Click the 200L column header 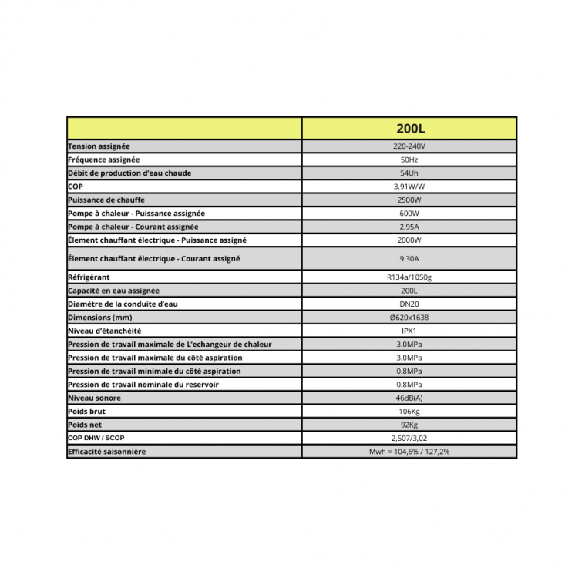pos(409,129)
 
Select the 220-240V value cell pos(409,146)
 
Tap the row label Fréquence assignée pos(104,160)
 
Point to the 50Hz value pos(409,160)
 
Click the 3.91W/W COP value pos(409,187)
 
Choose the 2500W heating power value pos(409,200)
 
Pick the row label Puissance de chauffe pos(107,200)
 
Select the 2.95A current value pos(409,227)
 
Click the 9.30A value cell pos(409,258)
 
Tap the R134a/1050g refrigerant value pos(409,277)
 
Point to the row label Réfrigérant pos(89,277)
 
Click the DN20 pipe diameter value pos(409,304)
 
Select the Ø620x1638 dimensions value pos(409,318)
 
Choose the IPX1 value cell pos(409,331)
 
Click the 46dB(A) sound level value pos(409,398)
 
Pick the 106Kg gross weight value pos(409,412)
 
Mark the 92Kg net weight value pos(409,425)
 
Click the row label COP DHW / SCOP pos(96,438)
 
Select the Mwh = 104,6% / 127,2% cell pos(409,452)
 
